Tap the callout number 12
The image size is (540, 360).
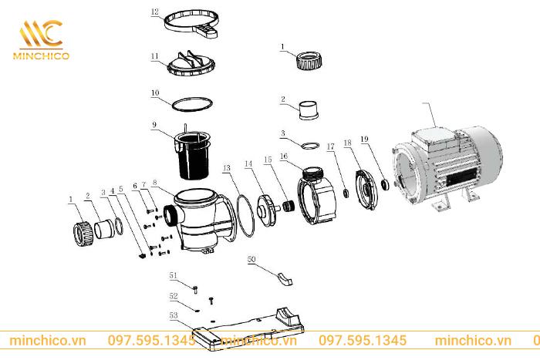tap(154, 12)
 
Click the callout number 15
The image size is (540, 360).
tap(268, 160)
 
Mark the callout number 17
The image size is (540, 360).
tap(329, 146)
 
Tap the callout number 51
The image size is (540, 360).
tap(173, 275)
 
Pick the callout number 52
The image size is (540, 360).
tap(174, 296)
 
